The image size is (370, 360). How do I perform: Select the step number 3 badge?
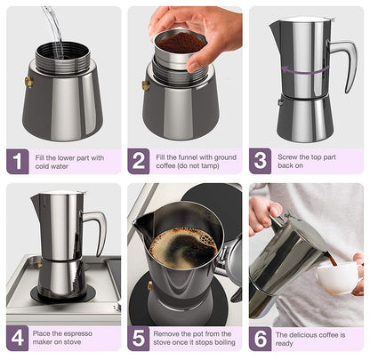(261, 162)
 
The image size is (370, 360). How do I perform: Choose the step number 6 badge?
(261, 339)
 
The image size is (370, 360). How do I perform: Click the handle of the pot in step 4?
(95, 227)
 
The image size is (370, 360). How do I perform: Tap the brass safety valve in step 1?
(28, 82)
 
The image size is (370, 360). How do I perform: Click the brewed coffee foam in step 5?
(183, 247)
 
